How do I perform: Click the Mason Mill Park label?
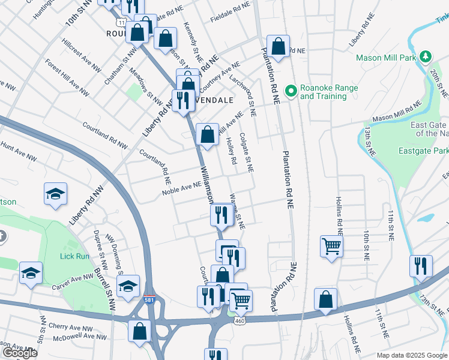[x=386, y=58]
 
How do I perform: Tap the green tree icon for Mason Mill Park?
[x=426, y=56]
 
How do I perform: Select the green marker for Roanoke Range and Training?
[x=291, y=92]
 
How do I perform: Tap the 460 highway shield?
[x=238, y=321]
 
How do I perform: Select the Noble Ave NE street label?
[x=181, y=188]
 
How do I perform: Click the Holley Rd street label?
[x=231, y=151]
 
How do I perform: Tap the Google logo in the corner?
[x=20, y=353]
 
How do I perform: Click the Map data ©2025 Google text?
[x=411, y=355]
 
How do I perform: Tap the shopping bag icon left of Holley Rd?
[x=207, y=134]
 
